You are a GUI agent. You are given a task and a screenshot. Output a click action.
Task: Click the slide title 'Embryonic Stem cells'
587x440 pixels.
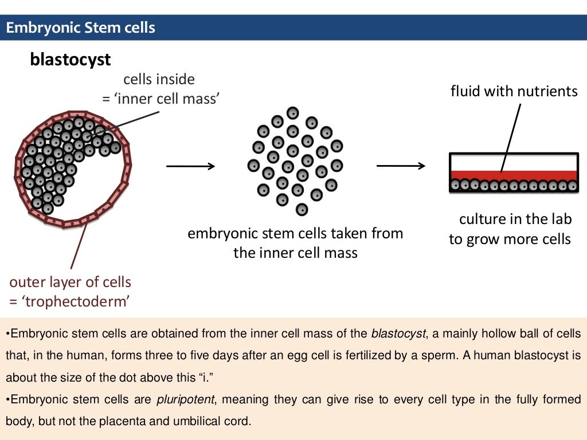click(x=80, y=27)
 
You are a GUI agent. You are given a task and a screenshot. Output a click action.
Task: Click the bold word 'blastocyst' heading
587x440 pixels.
click(x=70, y=60)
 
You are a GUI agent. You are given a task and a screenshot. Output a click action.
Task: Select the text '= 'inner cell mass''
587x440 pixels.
click(x=161, y=99)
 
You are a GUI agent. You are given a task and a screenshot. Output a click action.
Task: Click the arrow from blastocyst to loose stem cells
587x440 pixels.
click(x=190, y=167)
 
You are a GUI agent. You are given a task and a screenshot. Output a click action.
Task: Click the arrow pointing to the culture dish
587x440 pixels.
click(x=401, y=167)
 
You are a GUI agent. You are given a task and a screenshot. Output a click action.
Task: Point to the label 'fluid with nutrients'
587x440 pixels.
click(x=514, y=91)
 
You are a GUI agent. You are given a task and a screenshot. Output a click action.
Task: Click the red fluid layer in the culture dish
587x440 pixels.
click(x=514, y=175)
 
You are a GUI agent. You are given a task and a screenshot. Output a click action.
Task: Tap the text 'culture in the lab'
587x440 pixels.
click(x=515, y=219)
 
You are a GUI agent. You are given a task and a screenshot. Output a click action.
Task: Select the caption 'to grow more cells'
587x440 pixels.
click(x=510, y=239)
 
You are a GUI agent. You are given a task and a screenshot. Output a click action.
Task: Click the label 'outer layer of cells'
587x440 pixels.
click(x=71, y=282)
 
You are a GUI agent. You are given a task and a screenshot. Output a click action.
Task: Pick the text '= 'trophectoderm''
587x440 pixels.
click(x=68, y=301)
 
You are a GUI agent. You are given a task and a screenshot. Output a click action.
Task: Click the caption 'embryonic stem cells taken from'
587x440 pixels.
click(x=295, y=234)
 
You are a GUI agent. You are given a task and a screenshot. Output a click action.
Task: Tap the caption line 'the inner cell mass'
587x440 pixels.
click(x=295, y=253)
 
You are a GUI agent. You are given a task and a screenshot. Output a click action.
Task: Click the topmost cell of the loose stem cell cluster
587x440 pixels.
click(x=293, y=113)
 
